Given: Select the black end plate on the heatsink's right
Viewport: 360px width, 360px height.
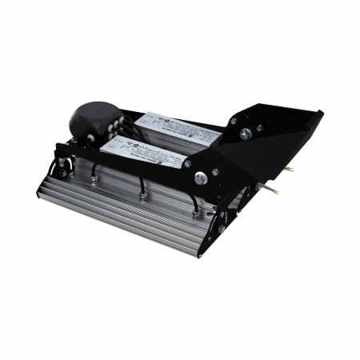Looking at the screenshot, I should click(x=220, y=232).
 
